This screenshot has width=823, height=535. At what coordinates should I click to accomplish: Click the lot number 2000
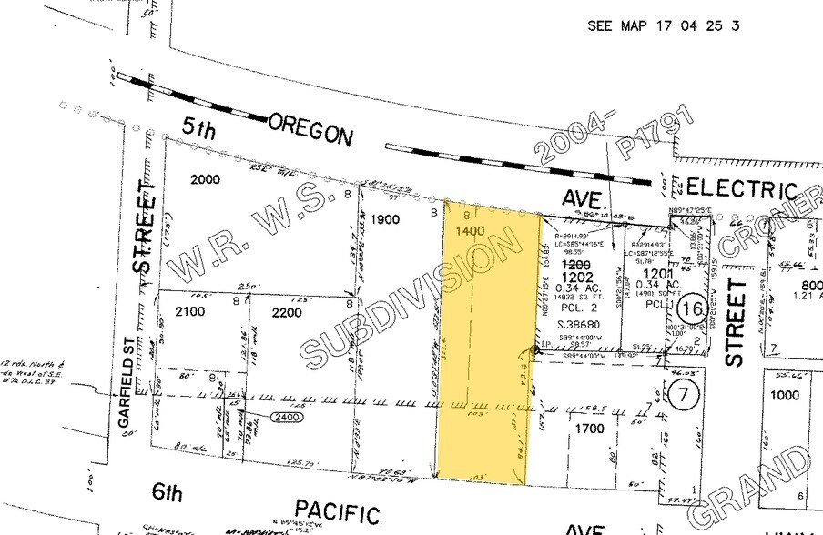pyautogui.click(x=205, y=179)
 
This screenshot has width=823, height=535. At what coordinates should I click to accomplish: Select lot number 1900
pyautogui.click(x=386, y=219)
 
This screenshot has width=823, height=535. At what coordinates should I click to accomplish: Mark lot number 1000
pyautogui.click(x=784, y=395)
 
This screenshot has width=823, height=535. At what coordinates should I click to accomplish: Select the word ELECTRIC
pyautogui.click(x=741, y=188)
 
